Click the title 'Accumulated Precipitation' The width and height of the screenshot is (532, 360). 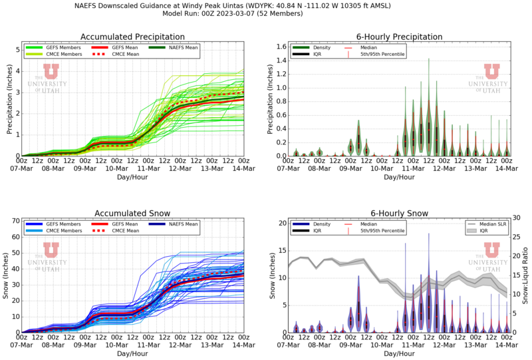132,37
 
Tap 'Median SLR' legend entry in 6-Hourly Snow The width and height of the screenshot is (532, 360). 489,224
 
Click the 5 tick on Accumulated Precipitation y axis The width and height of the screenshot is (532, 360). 17,49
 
